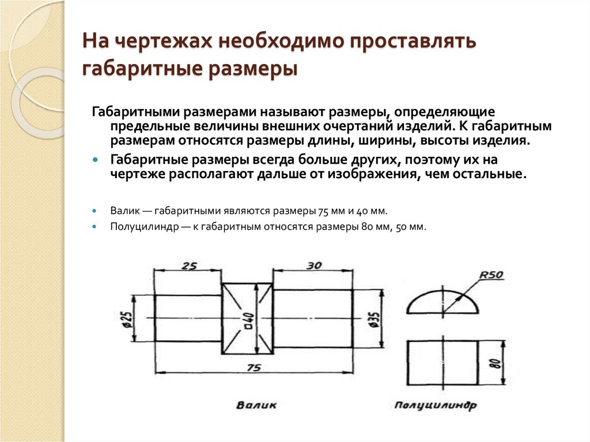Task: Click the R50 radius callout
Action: point(491,275)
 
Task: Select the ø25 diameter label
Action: point(128,327)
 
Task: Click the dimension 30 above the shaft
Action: point(314,266)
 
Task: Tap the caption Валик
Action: point(256,405)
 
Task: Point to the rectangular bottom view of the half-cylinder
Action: point(442,363)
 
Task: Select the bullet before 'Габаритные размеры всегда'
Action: point(95,160)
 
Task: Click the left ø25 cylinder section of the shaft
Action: point(188,319)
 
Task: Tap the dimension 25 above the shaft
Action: point(189,266)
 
